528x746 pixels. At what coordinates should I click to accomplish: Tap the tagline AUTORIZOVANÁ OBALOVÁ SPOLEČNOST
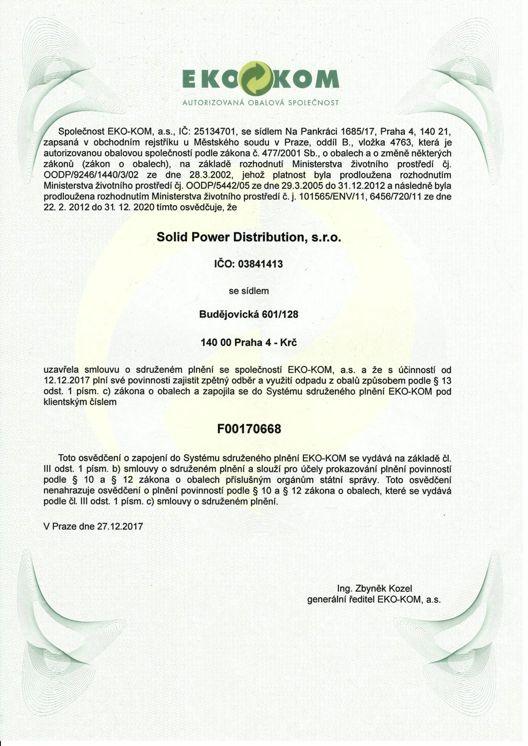261,103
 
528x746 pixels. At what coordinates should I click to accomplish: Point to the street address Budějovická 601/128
249,314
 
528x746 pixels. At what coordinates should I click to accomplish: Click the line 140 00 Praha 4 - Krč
249,343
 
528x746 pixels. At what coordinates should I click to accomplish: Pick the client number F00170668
249,429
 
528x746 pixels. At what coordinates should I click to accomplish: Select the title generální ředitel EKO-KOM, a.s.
374,600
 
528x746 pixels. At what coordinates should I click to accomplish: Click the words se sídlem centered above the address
249,290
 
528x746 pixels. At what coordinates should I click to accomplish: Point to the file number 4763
392,143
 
